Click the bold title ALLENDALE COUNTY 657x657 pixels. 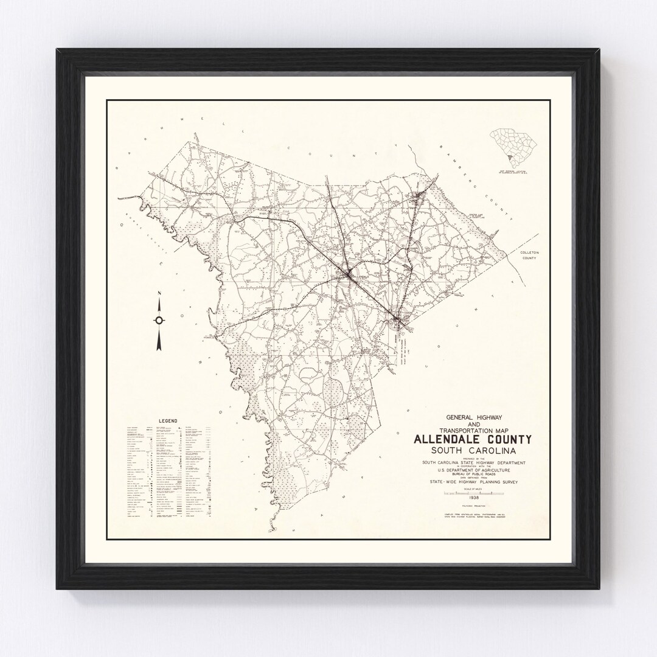click(473, 439)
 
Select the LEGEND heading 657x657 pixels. click(168, 421)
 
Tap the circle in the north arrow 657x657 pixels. click(159, 320)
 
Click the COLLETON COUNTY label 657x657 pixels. click(525, 255)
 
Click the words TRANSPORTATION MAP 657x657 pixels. click(473, 429)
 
